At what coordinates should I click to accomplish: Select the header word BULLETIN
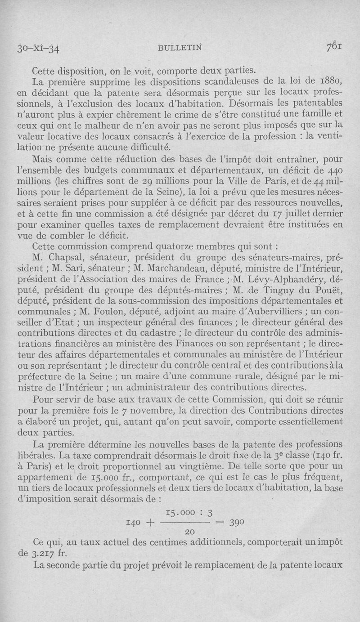(x=179, y=48)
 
